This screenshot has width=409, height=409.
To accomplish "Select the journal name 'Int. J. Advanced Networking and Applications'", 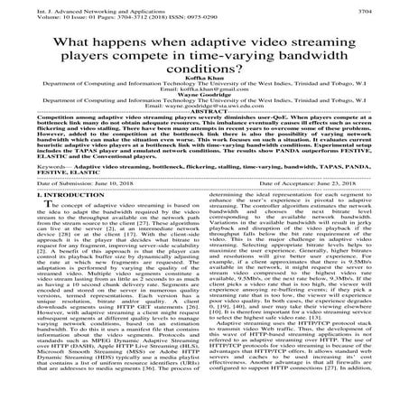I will coord(70,7).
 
